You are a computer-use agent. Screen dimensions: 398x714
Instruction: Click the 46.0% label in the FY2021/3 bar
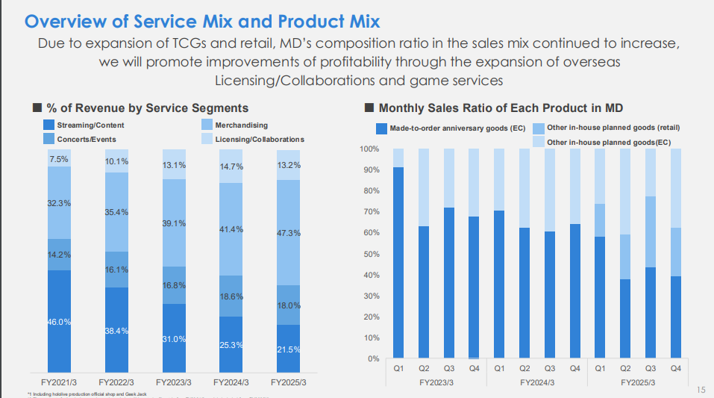tap(59, 322)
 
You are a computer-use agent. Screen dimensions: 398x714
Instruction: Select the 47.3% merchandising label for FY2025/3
tap(289, 233)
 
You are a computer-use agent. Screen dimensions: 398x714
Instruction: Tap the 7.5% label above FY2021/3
tap(59, 159)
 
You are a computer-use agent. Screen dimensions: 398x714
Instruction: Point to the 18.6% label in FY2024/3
tap(232, 296)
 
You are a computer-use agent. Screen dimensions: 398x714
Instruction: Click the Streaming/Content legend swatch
tap(49, 125)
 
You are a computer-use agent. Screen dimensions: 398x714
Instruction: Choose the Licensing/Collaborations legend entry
tap(259, 139)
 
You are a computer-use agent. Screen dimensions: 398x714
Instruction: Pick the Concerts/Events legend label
tap(86, 139)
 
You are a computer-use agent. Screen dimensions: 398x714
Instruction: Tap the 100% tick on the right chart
tap(370, 149)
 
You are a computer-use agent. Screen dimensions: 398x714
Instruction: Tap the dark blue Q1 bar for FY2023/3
tap(398, 262)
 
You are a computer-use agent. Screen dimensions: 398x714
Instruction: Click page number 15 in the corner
tap(701, 389)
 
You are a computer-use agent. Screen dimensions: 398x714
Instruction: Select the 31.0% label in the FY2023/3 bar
tap(175, 339)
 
